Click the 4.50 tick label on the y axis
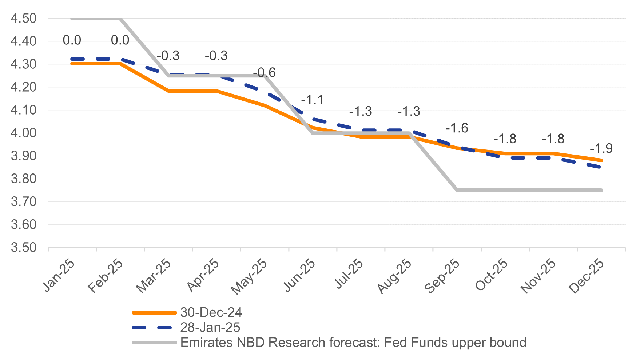[x=24, y=18]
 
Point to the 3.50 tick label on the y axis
[x=24, y=248]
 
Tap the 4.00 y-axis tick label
[x=24, y=133]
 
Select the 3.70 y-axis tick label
[x=24, y=201]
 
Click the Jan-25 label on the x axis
[x=59, y=275]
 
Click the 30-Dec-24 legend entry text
[x=211, y=312]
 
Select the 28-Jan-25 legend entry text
[x=210, y=327]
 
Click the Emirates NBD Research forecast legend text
[x=353, y=343]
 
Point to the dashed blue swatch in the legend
[x=154, y=328]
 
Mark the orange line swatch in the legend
[x=154, y=312]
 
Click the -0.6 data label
[x=265, y=73]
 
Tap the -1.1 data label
[x=312, y=100]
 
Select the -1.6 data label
[x=457, y=128]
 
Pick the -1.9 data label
[x=601, y=148]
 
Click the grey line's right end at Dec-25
[x=602, y=190]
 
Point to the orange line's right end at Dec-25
[x=602, y=160]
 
